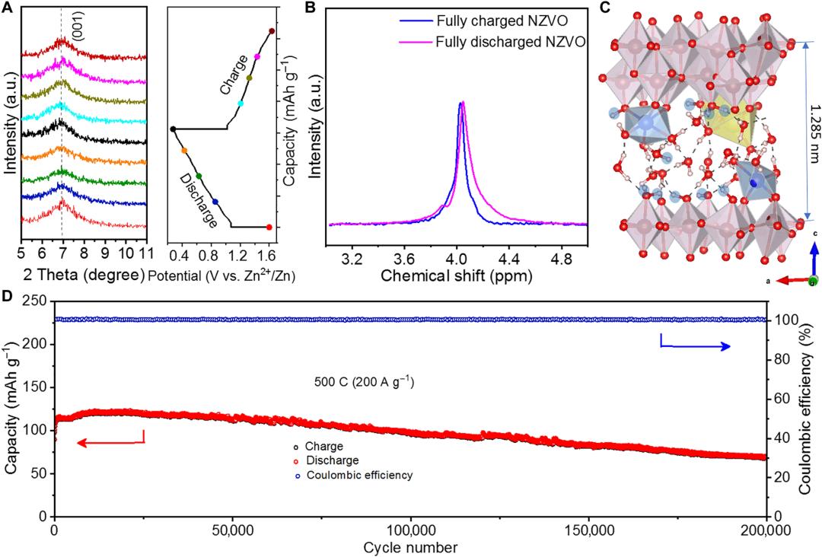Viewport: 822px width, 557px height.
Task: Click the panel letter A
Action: [x=9, y=8]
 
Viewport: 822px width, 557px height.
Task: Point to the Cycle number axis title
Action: [x=410, y=546]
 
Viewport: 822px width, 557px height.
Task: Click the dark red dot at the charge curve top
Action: [x=272, y=31]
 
